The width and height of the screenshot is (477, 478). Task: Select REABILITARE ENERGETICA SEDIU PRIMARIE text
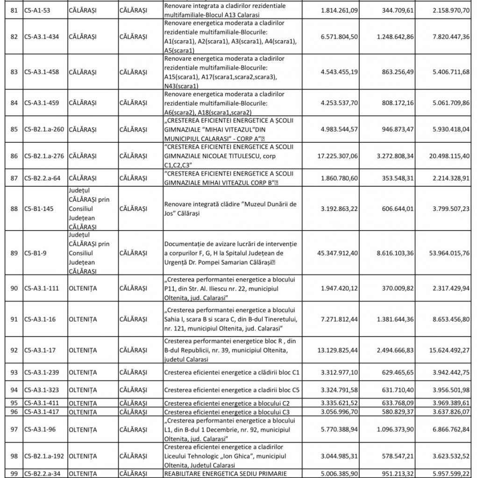(x=227, y=473)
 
